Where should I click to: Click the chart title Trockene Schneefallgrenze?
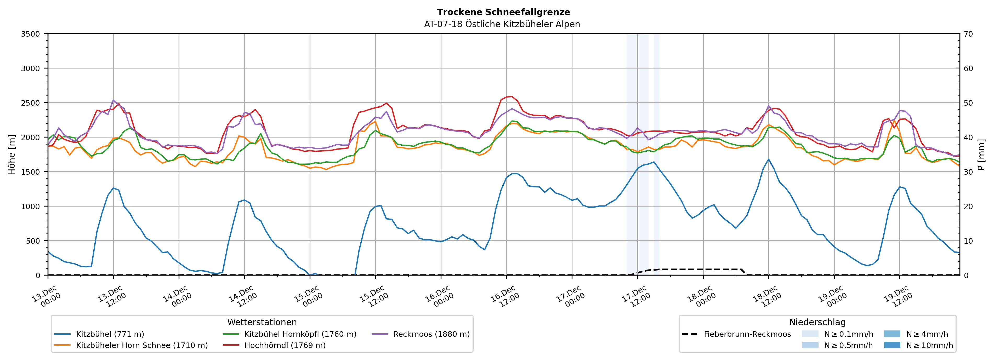[x=503, y=12]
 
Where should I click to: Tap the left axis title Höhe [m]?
[x=12, y=154]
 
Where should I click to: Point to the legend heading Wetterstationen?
[x=262, y=322]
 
